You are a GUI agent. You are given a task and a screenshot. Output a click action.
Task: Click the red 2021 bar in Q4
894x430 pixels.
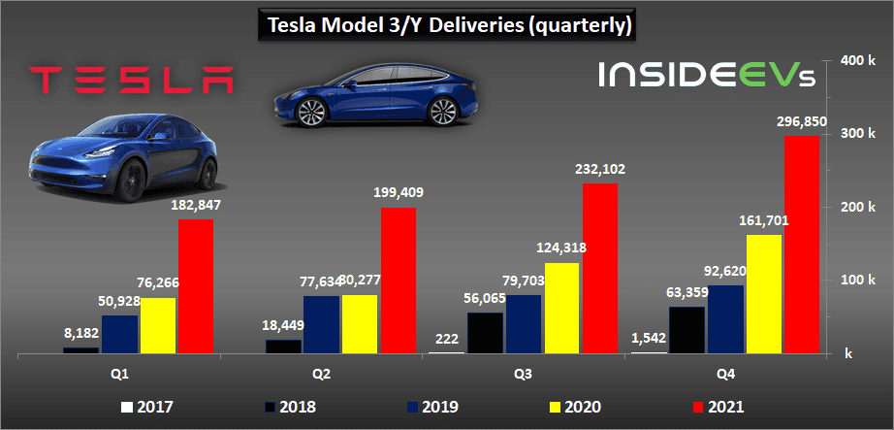(801, 244)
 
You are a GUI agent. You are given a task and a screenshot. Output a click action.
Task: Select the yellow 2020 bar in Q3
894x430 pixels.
(563, 308)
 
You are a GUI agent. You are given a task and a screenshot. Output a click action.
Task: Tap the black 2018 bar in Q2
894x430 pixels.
(282, 347)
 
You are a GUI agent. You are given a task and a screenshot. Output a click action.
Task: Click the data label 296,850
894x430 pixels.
(801, 122)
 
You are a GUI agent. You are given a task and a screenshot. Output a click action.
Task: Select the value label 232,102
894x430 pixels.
(600, 169)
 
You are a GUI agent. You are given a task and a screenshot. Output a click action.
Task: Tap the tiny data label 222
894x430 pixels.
(448, 337)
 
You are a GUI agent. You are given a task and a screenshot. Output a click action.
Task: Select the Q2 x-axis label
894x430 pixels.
(320, 373)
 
